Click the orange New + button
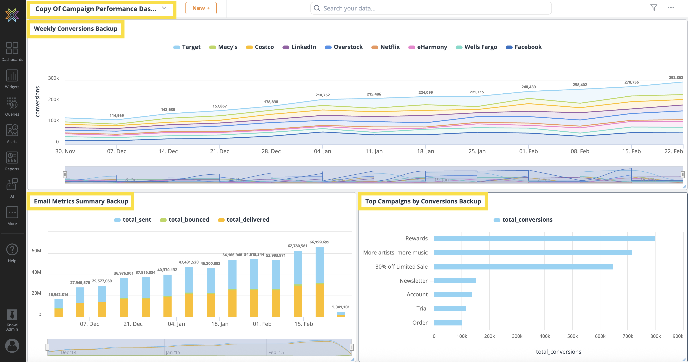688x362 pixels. pyautogui.click(x=201, y=8)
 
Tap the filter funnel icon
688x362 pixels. pyautogui.click(x=654, y=7)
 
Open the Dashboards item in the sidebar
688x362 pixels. pyautogui.click(x=12, y=52)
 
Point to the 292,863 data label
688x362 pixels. pyautogui.click(x=675, y=78)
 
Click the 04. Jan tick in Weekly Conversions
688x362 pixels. pyautogui.click(x=322, y=151)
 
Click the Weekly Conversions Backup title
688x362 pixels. pyautogui.click(x=76, y=29)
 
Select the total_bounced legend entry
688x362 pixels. pyautogui.click(x=185, y=220)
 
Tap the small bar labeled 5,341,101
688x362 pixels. pyautogui.click(x=341, y=314)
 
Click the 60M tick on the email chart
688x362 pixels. pyautogui.click(x=36, y=251)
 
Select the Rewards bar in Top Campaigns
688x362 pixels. pyautogui.click(x=544, y=238)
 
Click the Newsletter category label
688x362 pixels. pyautogui.click(x=413, y=281)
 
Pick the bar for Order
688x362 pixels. pyautogui.click(x=448, y=323)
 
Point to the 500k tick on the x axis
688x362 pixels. pyautogui.click(x=572, y=336)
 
